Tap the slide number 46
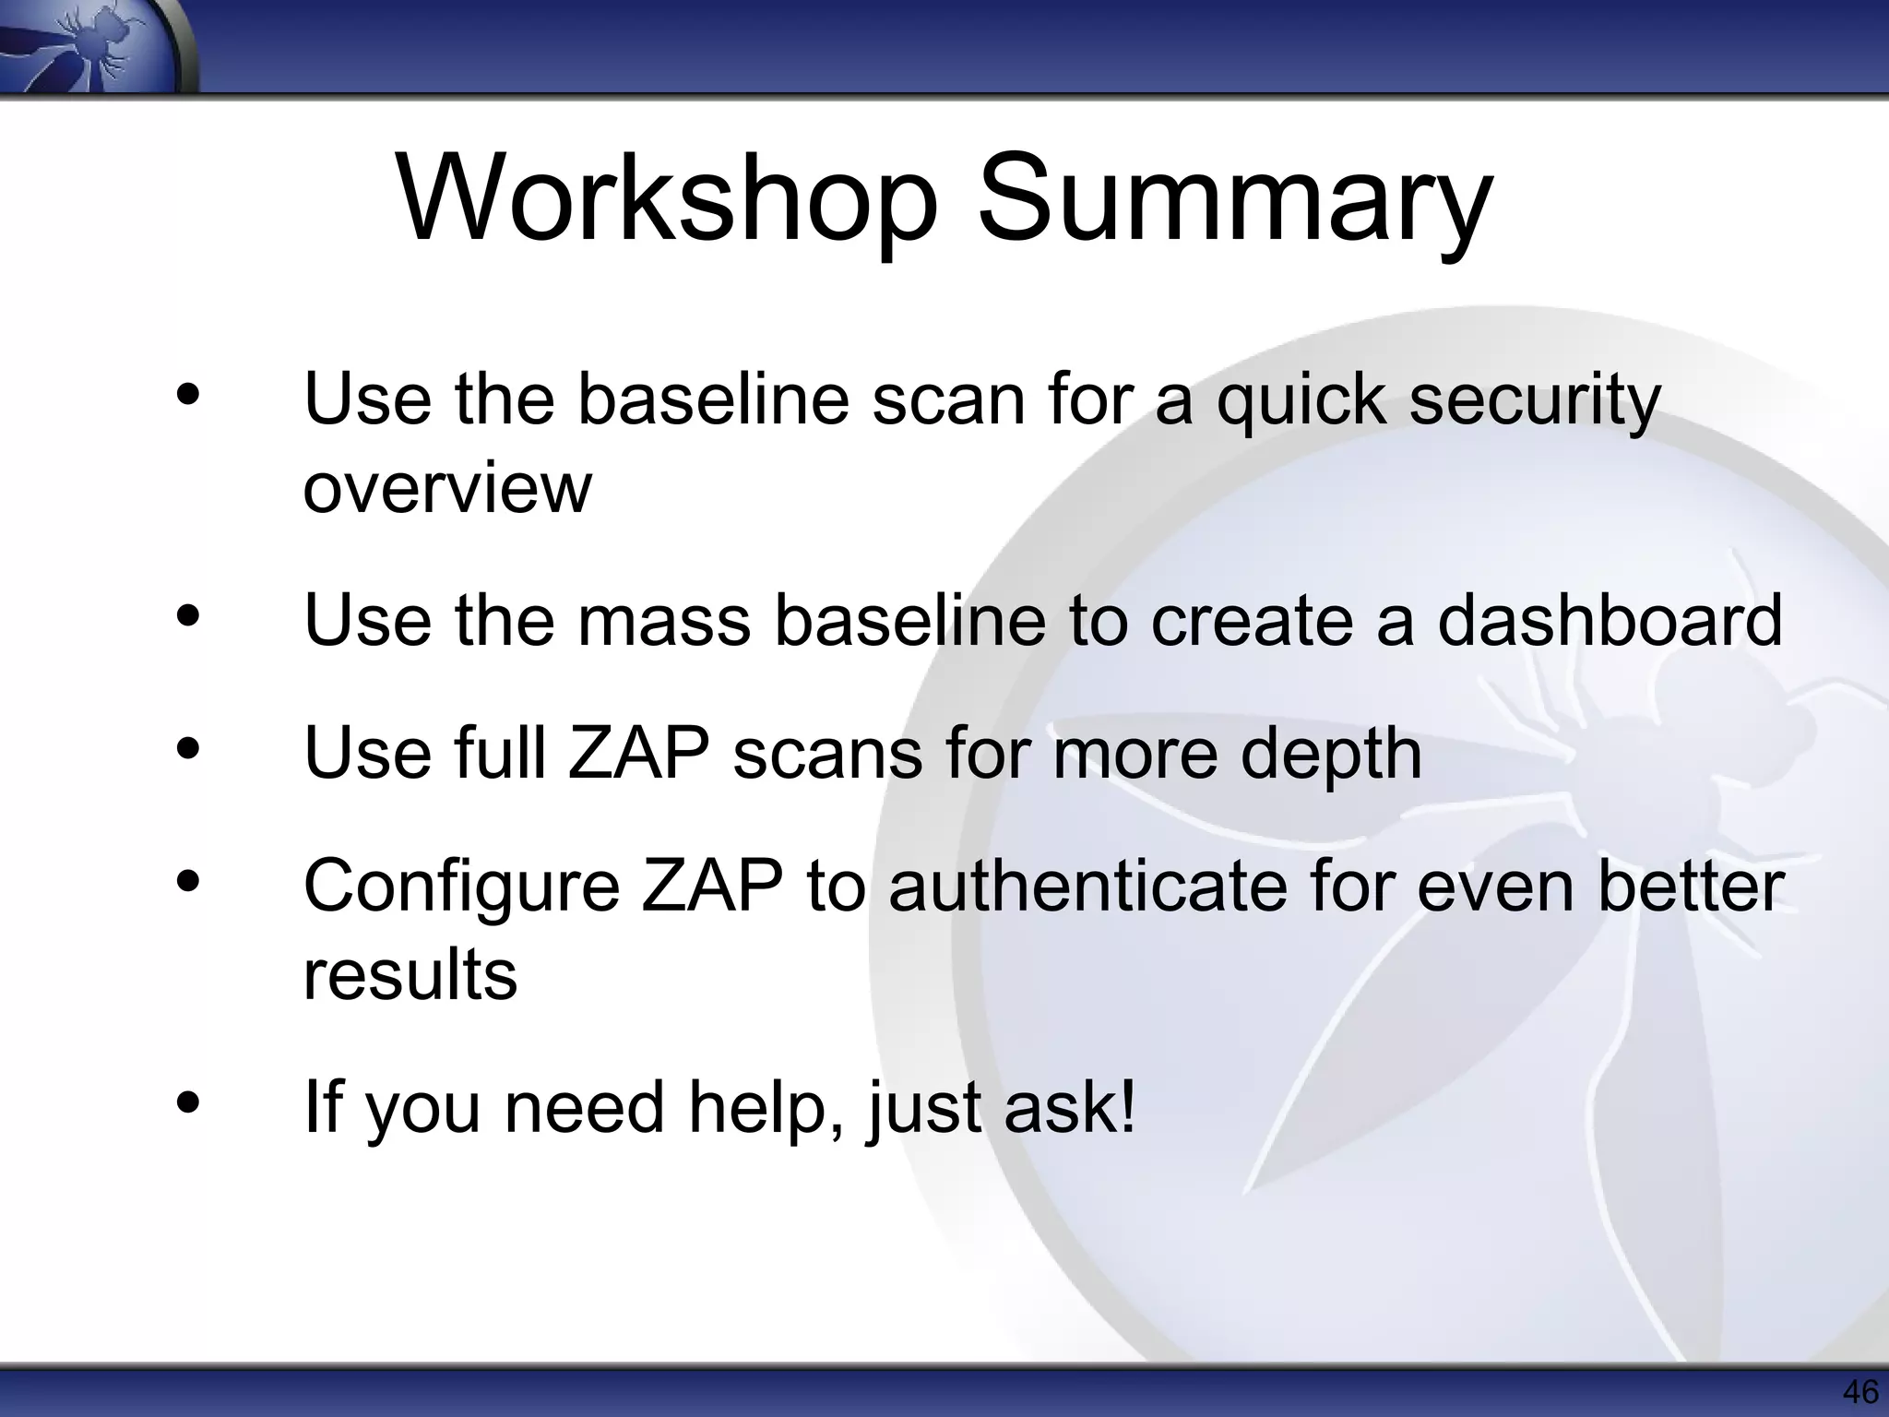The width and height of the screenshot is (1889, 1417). coord(1859,1391)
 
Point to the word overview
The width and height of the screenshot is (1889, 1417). coord(447,488)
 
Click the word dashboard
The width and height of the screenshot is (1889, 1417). coord(1610,619)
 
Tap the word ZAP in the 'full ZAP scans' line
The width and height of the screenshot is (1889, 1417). coord(638,753)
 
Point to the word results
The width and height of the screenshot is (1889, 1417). coord(410,974)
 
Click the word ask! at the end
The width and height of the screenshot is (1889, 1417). coord(1070,1106)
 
